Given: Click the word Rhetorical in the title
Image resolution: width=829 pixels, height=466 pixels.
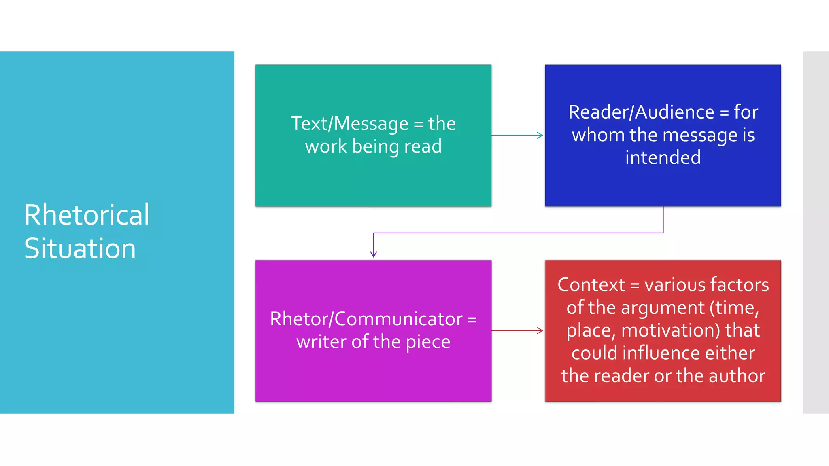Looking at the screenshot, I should (87, 215).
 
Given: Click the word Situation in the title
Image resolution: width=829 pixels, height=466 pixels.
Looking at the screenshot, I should (80, 248).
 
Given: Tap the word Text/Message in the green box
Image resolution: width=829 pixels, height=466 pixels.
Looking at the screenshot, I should (350, 123).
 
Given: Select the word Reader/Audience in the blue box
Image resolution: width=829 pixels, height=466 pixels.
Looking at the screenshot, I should (641, 112).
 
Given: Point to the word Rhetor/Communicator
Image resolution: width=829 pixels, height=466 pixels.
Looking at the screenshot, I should (366, 319).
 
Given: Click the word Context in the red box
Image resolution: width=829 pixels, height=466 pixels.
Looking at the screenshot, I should (591, 285).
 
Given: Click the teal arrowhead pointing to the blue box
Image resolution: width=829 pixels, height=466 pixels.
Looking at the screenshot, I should (540, 135).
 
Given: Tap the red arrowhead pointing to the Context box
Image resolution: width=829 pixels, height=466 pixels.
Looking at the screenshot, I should (540, 330).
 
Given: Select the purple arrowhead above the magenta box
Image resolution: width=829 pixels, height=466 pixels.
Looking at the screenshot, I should (374, 254).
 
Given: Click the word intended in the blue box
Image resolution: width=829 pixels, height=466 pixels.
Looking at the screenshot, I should (663, 157).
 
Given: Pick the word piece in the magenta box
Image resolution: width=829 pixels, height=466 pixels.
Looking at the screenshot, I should (428, 342).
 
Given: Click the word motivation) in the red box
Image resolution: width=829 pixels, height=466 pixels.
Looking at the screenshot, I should (670, 330).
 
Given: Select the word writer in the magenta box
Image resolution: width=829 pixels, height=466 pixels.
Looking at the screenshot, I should (321, 342).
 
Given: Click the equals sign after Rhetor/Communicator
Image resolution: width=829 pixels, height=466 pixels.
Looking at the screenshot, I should (472, 320).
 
